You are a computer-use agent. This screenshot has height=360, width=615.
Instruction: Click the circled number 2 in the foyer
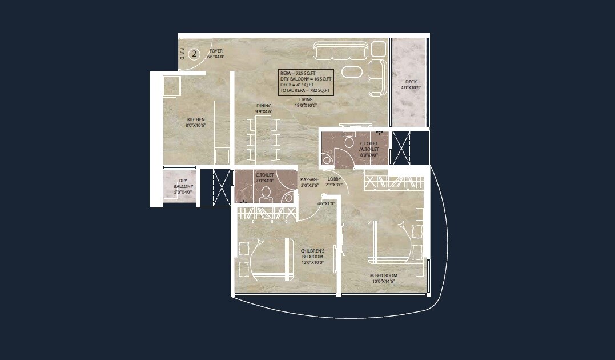coord(194,54)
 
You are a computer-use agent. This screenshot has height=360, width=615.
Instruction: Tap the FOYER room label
coord(216,51)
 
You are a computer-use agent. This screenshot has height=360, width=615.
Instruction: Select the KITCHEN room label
coord(195,119)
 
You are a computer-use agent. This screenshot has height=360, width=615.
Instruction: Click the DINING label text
coord(264,106)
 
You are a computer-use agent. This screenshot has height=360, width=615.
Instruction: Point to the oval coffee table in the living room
coord(352,72)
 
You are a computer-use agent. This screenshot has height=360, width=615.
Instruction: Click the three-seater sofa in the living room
coord(340,52)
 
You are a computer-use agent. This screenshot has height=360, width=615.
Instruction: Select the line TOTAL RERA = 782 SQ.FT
coord(304,90)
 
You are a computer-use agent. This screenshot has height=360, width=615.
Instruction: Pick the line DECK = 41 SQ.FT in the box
coord(296,85)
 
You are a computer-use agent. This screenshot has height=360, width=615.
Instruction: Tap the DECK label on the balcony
coord(411,82)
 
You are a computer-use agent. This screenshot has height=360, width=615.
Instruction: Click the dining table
coord(263,139)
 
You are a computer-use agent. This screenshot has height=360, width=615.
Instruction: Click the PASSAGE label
coord(309,179)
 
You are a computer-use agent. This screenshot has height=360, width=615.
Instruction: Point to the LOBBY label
coord(335,179)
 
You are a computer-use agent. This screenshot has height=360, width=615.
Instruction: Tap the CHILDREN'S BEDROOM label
coord(312,254)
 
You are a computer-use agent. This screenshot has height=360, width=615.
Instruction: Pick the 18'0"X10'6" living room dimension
coord(306,105)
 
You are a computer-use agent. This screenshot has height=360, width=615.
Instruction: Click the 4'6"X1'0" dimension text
coord(326,203)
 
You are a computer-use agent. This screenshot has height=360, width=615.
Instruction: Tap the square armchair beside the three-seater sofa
coord(379,49)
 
